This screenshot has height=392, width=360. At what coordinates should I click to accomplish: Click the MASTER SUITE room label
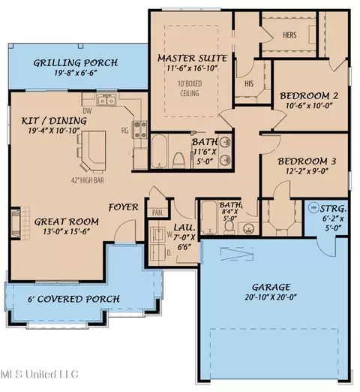(192, 58)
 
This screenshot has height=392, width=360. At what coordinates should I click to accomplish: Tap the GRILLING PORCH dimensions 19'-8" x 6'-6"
(76, 73)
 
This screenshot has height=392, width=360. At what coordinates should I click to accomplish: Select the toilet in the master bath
(178, 160)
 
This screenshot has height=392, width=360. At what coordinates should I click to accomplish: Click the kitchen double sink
(106, 100)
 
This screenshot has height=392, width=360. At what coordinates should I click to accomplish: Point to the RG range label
(125, 131)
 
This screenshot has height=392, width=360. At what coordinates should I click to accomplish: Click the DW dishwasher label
(87, 111)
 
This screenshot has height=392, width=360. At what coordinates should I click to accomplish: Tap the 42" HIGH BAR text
(88, 180)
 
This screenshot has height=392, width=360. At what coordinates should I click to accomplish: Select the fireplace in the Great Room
(16, 223)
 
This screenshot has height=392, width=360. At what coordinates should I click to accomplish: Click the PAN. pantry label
(157, 213)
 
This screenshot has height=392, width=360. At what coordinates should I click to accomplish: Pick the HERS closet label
(289, 35)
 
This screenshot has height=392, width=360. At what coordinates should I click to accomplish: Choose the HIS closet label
(249, 83)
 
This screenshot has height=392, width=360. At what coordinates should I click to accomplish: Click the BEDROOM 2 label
(309, 96)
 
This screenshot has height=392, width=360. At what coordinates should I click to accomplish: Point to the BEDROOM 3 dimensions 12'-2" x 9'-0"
(307, 171)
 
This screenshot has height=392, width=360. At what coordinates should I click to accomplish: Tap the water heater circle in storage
(313, 207)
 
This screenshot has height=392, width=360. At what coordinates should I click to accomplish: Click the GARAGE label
(271, 287)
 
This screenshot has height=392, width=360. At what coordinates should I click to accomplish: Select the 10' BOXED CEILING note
(190, 89)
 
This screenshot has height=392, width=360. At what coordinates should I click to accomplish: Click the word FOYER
(123, 207)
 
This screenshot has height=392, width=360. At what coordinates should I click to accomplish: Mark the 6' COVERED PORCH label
(73, 299)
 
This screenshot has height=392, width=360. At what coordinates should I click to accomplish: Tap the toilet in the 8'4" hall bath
(228, 228)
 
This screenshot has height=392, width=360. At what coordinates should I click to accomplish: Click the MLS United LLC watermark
(40, 375)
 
